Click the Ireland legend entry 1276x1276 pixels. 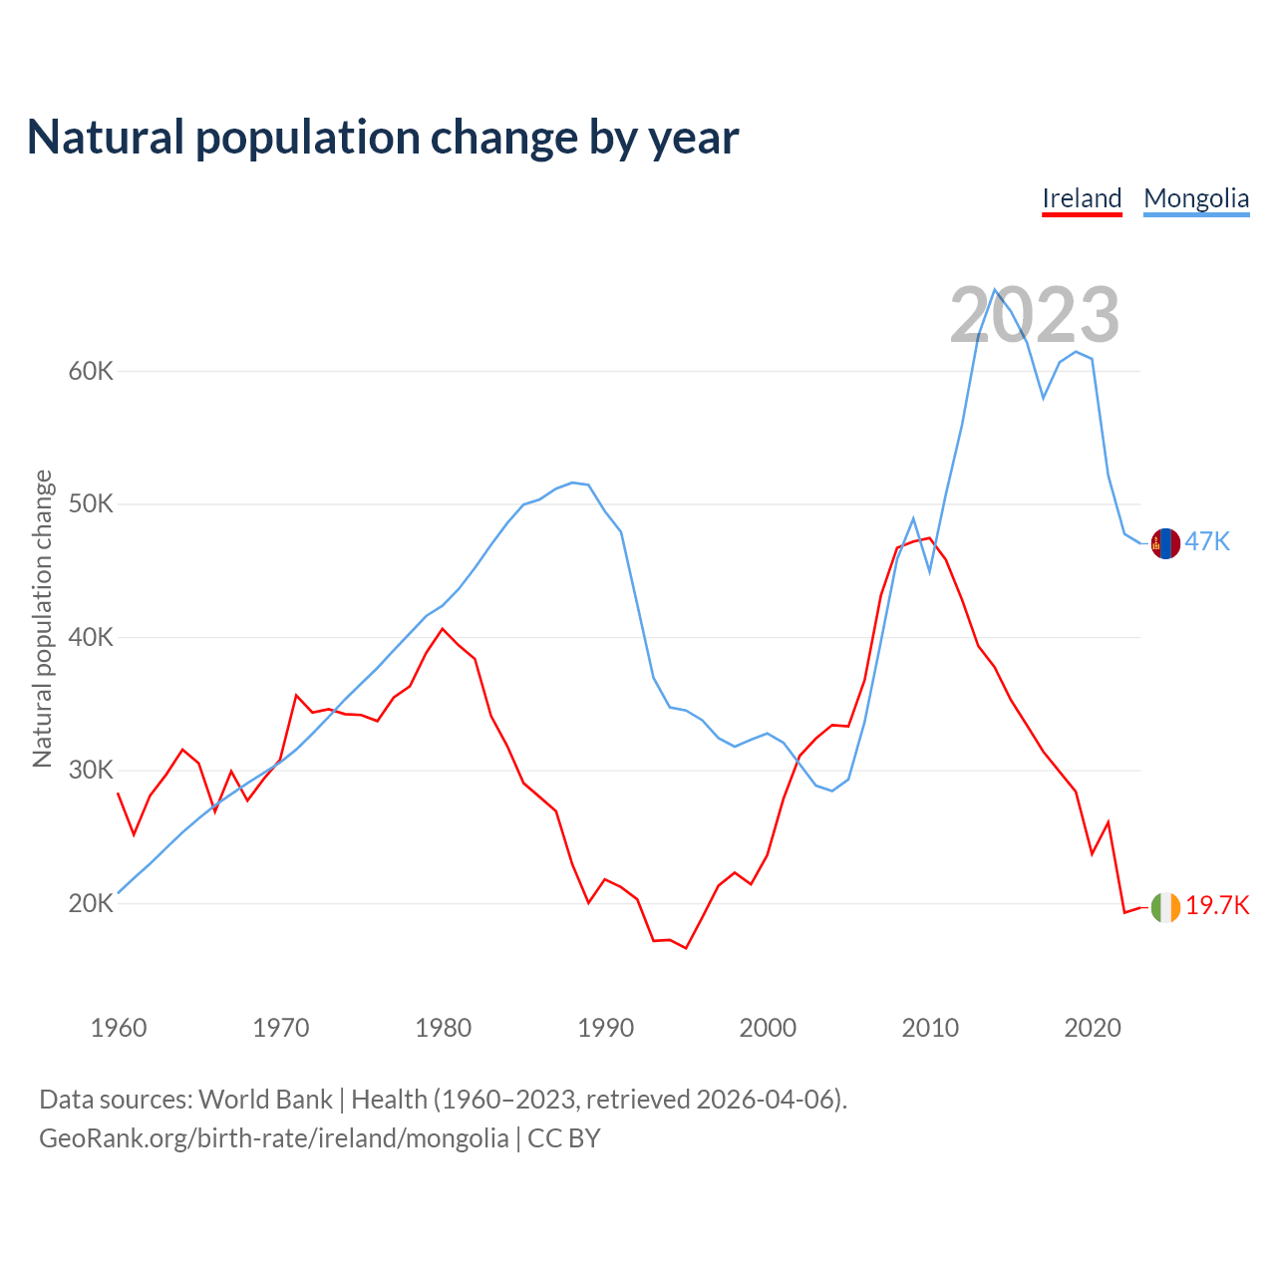(1082, 198)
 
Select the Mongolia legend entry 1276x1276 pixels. (1196, 198)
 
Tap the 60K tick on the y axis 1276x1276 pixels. (91, 372)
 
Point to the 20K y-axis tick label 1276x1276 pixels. (91, 904)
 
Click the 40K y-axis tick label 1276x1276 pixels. (91, 638)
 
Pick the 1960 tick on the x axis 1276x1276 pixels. (119, 1028)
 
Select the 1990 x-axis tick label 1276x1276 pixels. (606, 1028)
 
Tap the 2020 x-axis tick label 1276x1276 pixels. (1093, 1028)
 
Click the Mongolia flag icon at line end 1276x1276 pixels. (1165, 543)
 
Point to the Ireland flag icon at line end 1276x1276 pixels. (1165, 907)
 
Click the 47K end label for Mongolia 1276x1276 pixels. (1207, 541)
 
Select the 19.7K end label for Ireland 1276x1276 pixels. (1217, 905)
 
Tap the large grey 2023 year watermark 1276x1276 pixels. (1035, 316)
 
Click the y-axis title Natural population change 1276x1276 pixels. (43, 618)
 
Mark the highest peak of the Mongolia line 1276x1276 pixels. (995, 290)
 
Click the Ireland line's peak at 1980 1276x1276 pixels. (443, 629)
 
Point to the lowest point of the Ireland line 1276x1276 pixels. (686, 948)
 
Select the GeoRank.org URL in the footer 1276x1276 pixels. (273, 1138)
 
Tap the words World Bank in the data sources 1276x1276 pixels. (265, 1100)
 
